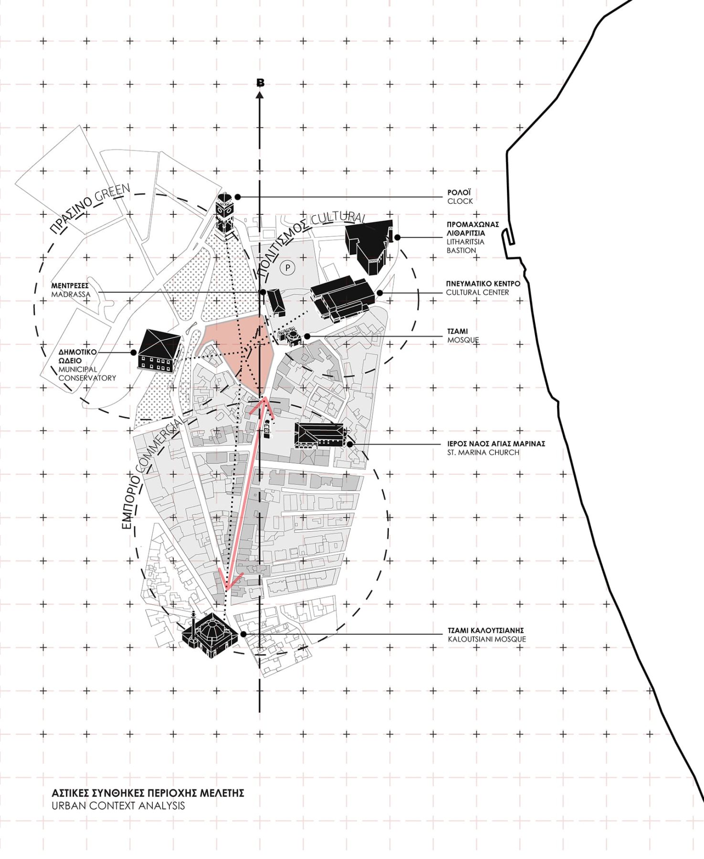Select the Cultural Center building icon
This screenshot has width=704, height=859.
point(342,298)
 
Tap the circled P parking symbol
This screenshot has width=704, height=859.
point(287,268)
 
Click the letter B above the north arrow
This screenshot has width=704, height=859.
point(260,83)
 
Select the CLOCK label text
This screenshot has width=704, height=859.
point(460,201)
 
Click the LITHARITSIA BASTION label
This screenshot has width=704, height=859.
point(465,246)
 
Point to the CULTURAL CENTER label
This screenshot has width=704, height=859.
point(477,292)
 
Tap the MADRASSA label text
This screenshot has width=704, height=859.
point(71,294)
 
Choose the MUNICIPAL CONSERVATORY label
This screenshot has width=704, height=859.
point(87,373)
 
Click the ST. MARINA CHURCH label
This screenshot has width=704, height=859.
point(483,452)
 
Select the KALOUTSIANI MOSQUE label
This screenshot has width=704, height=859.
point(487,639)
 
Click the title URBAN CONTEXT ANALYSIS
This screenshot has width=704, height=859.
point(118,806)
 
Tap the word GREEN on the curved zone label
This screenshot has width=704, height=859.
point(113,193)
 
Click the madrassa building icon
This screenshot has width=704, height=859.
point(276,302)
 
